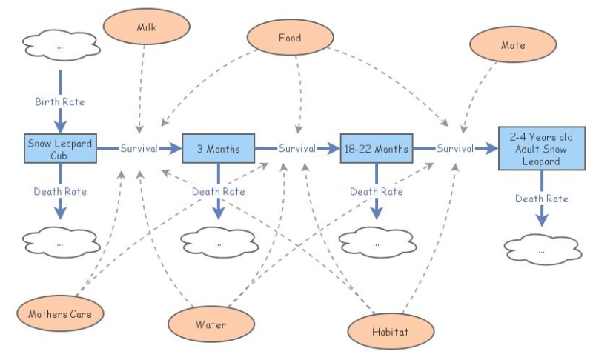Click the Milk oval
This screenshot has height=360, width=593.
[x=146, y=27]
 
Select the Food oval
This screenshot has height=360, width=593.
[x=290, y=37]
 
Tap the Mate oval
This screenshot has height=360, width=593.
[x=513, y=44]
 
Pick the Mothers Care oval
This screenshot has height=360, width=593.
[x=60, y=313]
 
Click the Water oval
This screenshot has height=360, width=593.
[x=211, y=324]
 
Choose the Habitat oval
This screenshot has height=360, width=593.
[x=391, y=332]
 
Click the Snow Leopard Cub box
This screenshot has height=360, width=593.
[x=60, y=148]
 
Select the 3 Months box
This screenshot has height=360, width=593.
[x=218, y=148]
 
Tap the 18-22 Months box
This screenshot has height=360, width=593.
[x=377, y=148]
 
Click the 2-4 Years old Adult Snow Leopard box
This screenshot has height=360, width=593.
[x=542, y=148]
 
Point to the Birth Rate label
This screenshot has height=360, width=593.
[x=60, y=101]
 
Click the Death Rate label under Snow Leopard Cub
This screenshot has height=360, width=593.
[x=60, y=192]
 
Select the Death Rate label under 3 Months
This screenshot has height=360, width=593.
[x=218, y=192]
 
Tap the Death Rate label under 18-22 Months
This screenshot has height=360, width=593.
[x=377, y=192]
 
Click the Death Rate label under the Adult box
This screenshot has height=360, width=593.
[x=542, y=199]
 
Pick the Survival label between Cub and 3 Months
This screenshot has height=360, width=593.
[x=139, y=148]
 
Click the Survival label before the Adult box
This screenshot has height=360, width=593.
[x=455, y=148]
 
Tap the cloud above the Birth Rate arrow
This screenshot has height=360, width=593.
[x=61, y=47]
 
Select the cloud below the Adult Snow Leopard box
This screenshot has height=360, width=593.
[x=543, y=250]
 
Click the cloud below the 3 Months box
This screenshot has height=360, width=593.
[x=219, y=242]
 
